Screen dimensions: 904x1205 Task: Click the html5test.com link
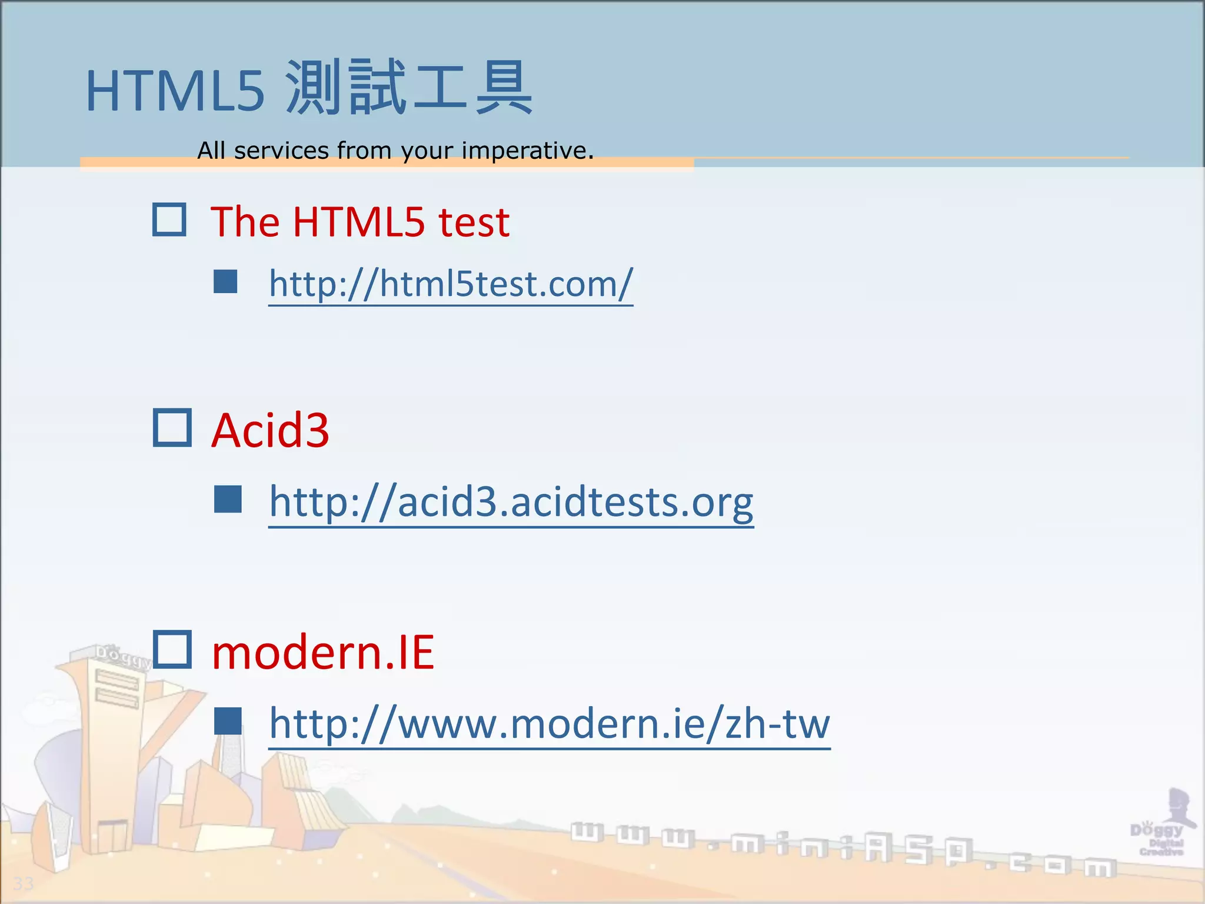pos(451,284)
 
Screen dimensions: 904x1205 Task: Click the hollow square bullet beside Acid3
pos(172,428)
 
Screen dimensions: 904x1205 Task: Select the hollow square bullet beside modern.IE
pos(172,649)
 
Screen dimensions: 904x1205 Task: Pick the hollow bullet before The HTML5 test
pos(169,220)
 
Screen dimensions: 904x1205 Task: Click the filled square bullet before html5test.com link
pos(225,281)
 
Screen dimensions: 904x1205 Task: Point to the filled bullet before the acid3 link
pos(228,499)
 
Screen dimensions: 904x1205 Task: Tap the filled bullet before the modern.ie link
pos(228,721)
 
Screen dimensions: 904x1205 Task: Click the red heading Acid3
pos(270,430)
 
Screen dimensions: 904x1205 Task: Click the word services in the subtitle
pos(281,151)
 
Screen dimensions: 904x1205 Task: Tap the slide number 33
pos(24,883)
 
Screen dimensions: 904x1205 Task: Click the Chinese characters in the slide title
pos(408,88)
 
